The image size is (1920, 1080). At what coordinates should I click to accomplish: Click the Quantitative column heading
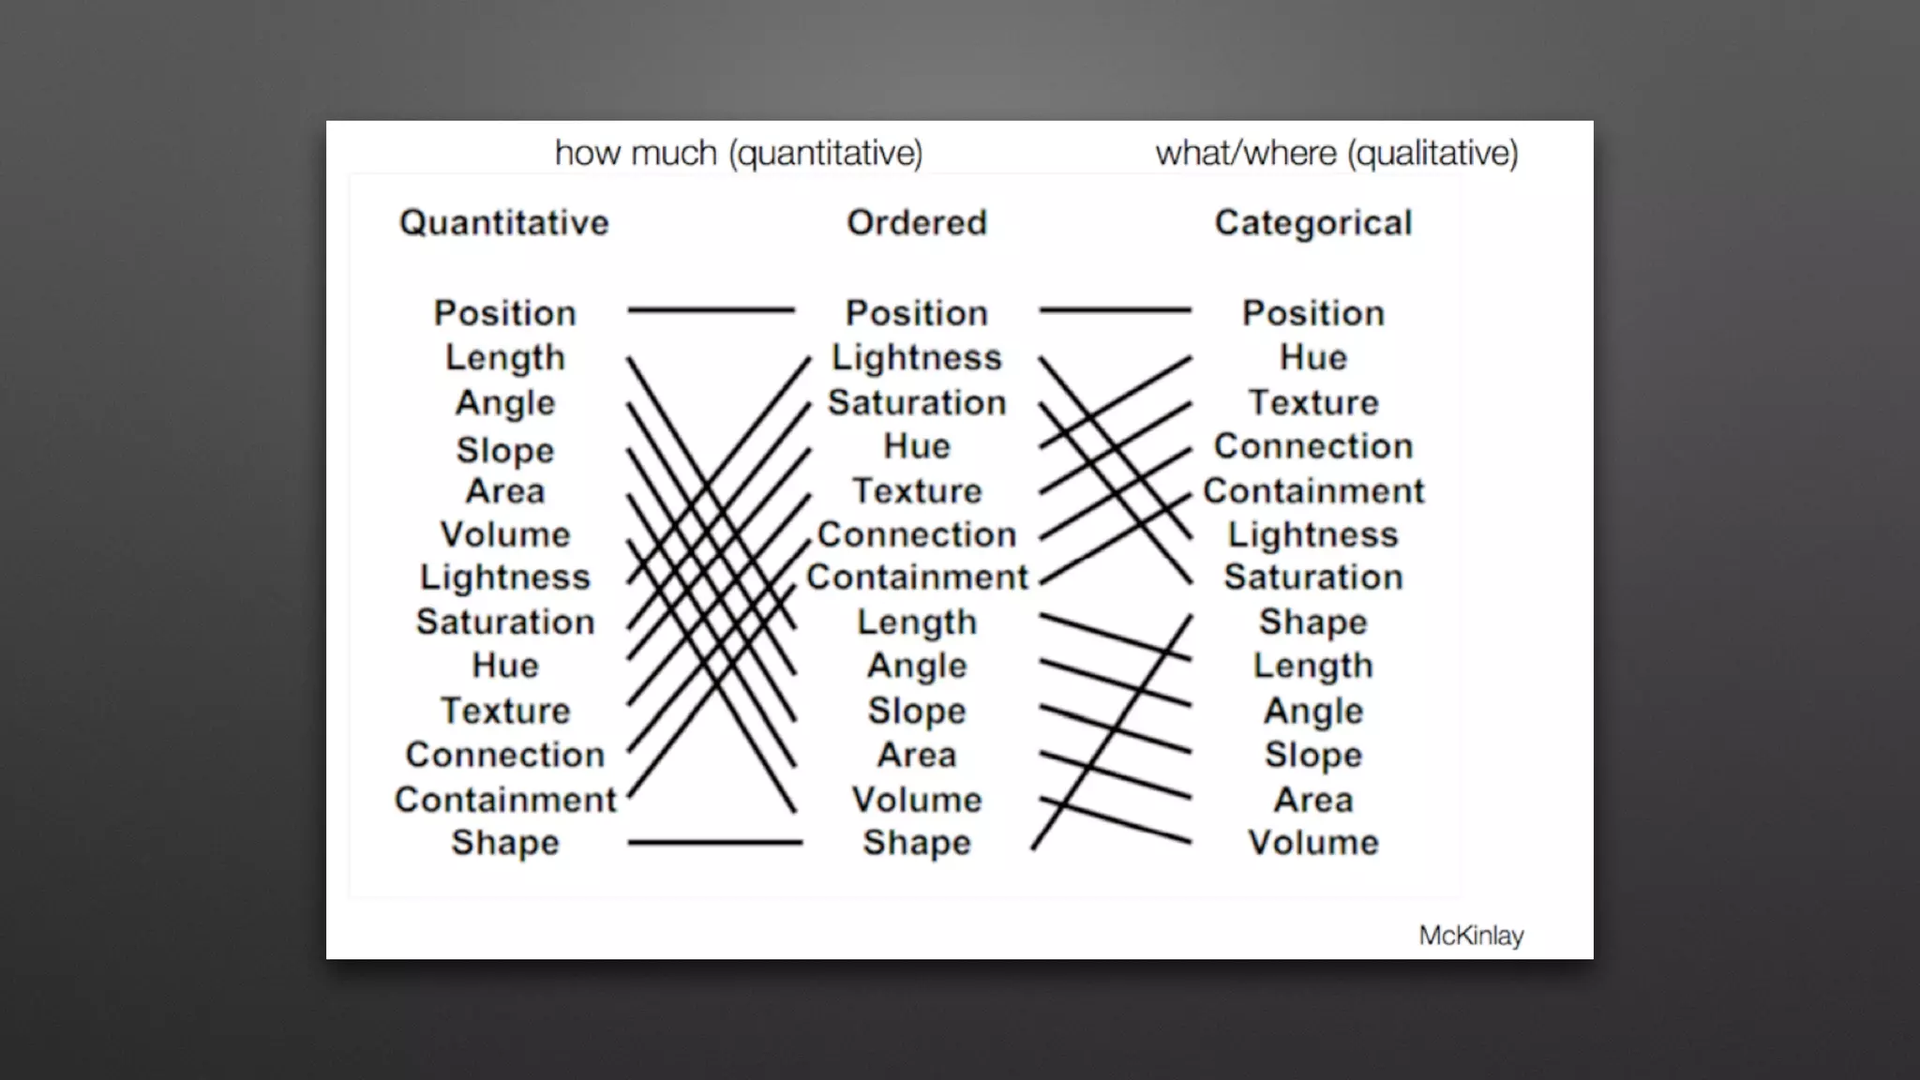click(x=504, y=223)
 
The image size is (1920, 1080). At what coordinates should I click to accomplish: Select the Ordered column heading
click(x=917, y=223)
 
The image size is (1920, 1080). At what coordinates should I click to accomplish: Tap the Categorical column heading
click(x=1312, y=223)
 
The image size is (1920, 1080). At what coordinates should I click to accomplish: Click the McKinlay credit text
click(x=1471, y=936)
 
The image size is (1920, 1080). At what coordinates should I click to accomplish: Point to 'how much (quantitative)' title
click(x=739, y=153)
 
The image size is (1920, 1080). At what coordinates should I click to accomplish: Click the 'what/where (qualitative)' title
click(x=1336, y=153)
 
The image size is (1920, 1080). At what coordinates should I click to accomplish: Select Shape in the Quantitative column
click(x=505, y=842)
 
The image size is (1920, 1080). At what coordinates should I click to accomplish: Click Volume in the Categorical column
click(x=1313, y=842)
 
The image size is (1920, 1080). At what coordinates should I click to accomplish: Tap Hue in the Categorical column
click(x=1313, y=357)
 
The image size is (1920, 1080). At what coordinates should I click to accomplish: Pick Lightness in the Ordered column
click(x=917, y=357)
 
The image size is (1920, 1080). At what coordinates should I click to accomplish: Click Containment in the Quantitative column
click(x=505, y=800)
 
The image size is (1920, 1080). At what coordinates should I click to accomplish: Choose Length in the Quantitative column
click(x=505, y=357)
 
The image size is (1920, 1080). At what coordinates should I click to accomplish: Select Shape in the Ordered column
click(x=917, y=842)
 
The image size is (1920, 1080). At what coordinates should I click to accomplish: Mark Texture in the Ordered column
click(x=917, y=490)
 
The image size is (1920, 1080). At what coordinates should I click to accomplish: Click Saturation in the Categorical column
click(x=1313, y=577)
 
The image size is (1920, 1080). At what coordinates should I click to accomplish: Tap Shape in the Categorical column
click(x=1313, y=622)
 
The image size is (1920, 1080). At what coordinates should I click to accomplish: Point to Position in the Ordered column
click(x=917, y=313)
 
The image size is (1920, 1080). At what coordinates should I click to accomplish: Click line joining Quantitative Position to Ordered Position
click(x=711, y=309)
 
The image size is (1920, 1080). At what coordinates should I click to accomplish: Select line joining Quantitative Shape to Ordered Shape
click(x=714, y=843)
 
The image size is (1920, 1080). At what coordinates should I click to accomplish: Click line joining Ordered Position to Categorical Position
click(x=1115, y=309)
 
